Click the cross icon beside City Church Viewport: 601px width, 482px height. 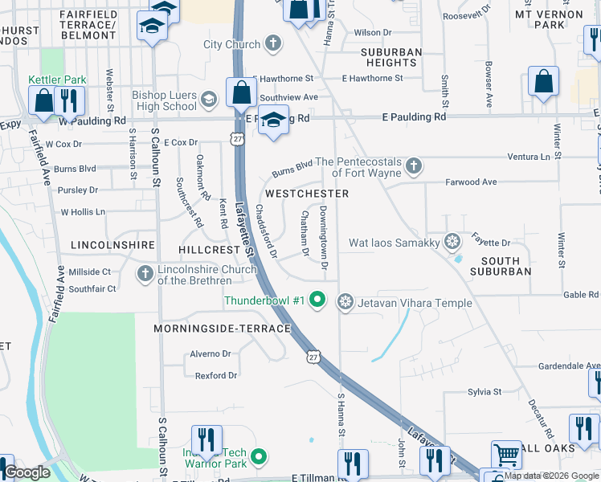click(273, 43)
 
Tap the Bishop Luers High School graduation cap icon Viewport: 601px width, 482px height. click(208, 99)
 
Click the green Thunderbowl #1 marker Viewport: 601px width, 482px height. click(318, 300)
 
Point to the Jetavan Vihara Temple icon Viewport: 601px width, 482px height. click(345, 300)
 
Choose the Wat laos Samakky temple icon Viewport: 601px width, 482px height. click(452, 242)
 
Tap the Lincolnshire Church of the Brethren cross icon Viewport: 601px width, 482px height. click(145, 274)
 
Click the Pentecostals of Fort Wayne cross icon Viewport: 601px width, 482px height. click(413, 166)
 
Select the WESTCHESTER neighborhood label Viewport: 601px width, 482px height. click(307, 194)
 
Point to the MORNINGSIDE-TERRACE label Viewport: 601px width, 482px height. click(223, 329)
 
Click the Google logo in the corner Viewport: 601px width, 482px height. click(27, 472)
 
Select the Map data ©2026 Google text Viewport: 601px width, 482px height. click(551, 476)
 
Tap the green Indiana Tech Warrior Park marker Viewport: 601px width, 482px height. click(258, 458)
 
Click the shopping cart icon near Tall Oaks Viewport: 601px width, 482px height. click(506, 454)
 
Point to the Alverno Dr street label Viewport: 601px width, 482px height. click(210, 353)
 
